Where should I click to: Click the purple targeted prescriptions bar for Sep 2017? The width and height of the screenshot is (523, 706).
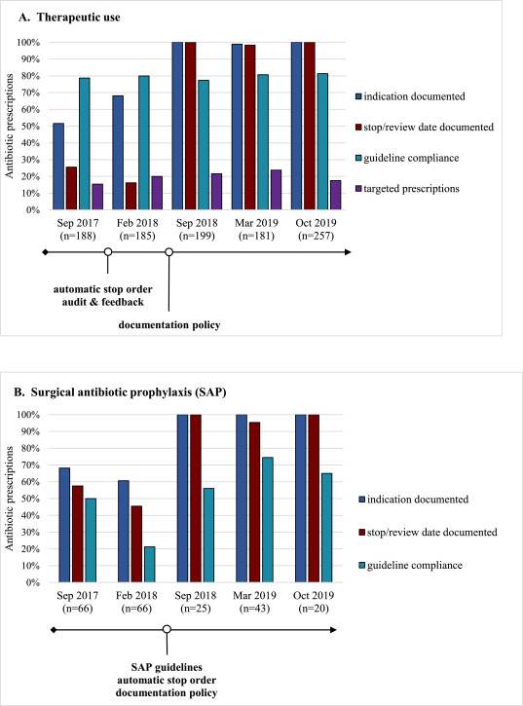[x=97, y=197]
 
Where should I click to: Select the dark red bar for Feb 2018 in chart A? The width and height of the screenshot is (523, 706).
[x=131, y=196]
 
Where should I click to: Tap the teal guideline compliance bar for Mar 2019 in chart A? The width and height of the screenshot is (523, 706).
[x=263, y=142]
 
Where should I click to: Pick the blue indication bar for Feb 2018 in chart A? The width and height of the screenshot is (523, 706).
[x=118, y=153]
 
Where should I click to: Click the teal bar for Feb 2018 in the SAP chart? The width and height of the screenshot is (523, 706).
[x=150, y=565]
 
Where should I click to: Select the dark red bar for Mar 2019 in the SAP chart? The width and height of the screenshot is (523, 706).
[x=254, y=502]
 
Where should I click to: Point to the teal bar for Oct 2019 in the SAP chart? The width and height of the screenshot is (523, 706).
[x=326, y=528]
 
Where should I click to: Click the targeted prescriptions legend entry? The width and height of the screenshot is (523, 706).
[x=407, y=189]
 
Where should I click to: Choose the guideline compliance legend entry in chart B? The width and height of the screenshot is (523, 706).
[x=410, y=566]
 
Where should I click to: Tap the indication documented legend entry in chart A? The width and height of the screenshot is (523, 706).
[x=410, y=96]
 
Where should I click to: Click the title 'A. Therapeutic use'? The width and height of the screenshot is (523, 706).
[x=69, y=18]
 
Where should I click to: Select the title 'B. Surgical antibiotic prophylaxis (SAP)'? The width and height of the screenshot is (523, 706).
[x=120, y=392]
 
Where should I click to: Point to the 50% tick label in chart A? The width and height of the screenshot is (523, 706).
[x=31, y=127]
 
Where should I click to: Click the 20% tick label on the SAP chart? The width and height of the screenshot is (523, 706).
[x=31, y=549]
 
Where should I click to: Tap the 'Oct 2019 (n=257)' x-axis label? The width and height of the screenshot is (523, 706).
[x=316, y=229]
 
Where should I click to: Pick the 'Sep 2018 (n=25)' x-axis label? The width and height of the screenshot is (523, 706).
[x=196, y=602]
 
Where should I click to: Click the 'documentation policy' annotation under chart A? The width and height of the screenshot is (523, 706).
[x=169, y=324]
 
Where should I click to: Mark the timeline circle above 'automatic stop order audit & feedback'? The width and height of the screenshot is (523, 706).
[x=108, y=252]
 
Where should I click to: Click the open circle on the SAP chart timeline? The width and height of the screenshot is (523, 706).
[x=167, y=629]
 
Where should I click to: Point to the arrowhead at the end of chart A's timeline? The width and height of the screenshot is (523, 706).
[x=348, y=252]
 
